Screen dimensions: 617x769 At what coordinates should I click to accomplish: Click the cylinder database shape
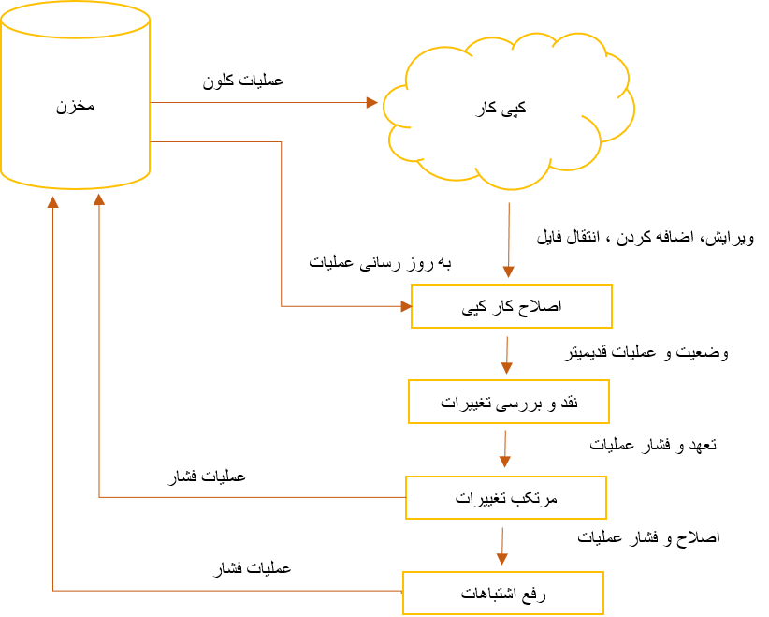tap(75, 103)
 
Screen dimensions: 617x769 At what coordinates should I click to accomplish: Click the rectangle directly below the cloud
tap(512, 306)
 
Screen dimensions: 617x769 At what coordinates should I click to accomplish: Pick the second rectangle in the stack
tap(509, 402)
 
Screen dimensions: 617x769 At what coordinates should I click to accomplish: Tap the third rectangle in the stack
tap(506, 497)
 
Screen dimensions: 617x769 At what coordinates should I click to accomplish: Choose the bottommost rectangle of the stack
tap(503, 593)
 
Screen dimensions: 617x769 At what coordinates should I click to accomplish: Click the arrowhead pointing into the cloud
tap(372, 102)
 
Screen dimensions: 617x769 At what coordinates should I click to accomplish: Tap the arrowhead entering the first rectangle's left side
tap(406, 306)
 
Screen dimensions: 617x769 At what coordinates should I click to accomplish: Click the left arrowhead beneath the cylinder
tap(53, 201)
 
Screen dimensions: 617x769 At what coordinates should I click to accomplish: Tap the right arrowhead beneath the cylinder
tap(99, 199)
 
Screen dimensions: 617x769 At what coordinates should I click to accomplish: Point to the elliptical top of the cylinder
tap(75, 20)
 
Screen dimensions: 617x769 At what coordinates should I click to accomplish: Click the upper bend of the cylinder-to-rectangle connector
tap(282, 142)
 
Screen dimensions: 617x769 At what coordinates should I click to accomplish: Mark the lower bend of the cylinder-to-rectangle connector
tap(282, 306)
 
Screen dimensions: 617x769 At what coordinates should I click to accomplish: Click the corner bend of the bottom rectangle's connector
tap(53, 591)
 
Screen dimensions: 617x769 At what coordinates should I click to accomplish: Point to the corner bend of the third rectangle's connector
tap(99, 497)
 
